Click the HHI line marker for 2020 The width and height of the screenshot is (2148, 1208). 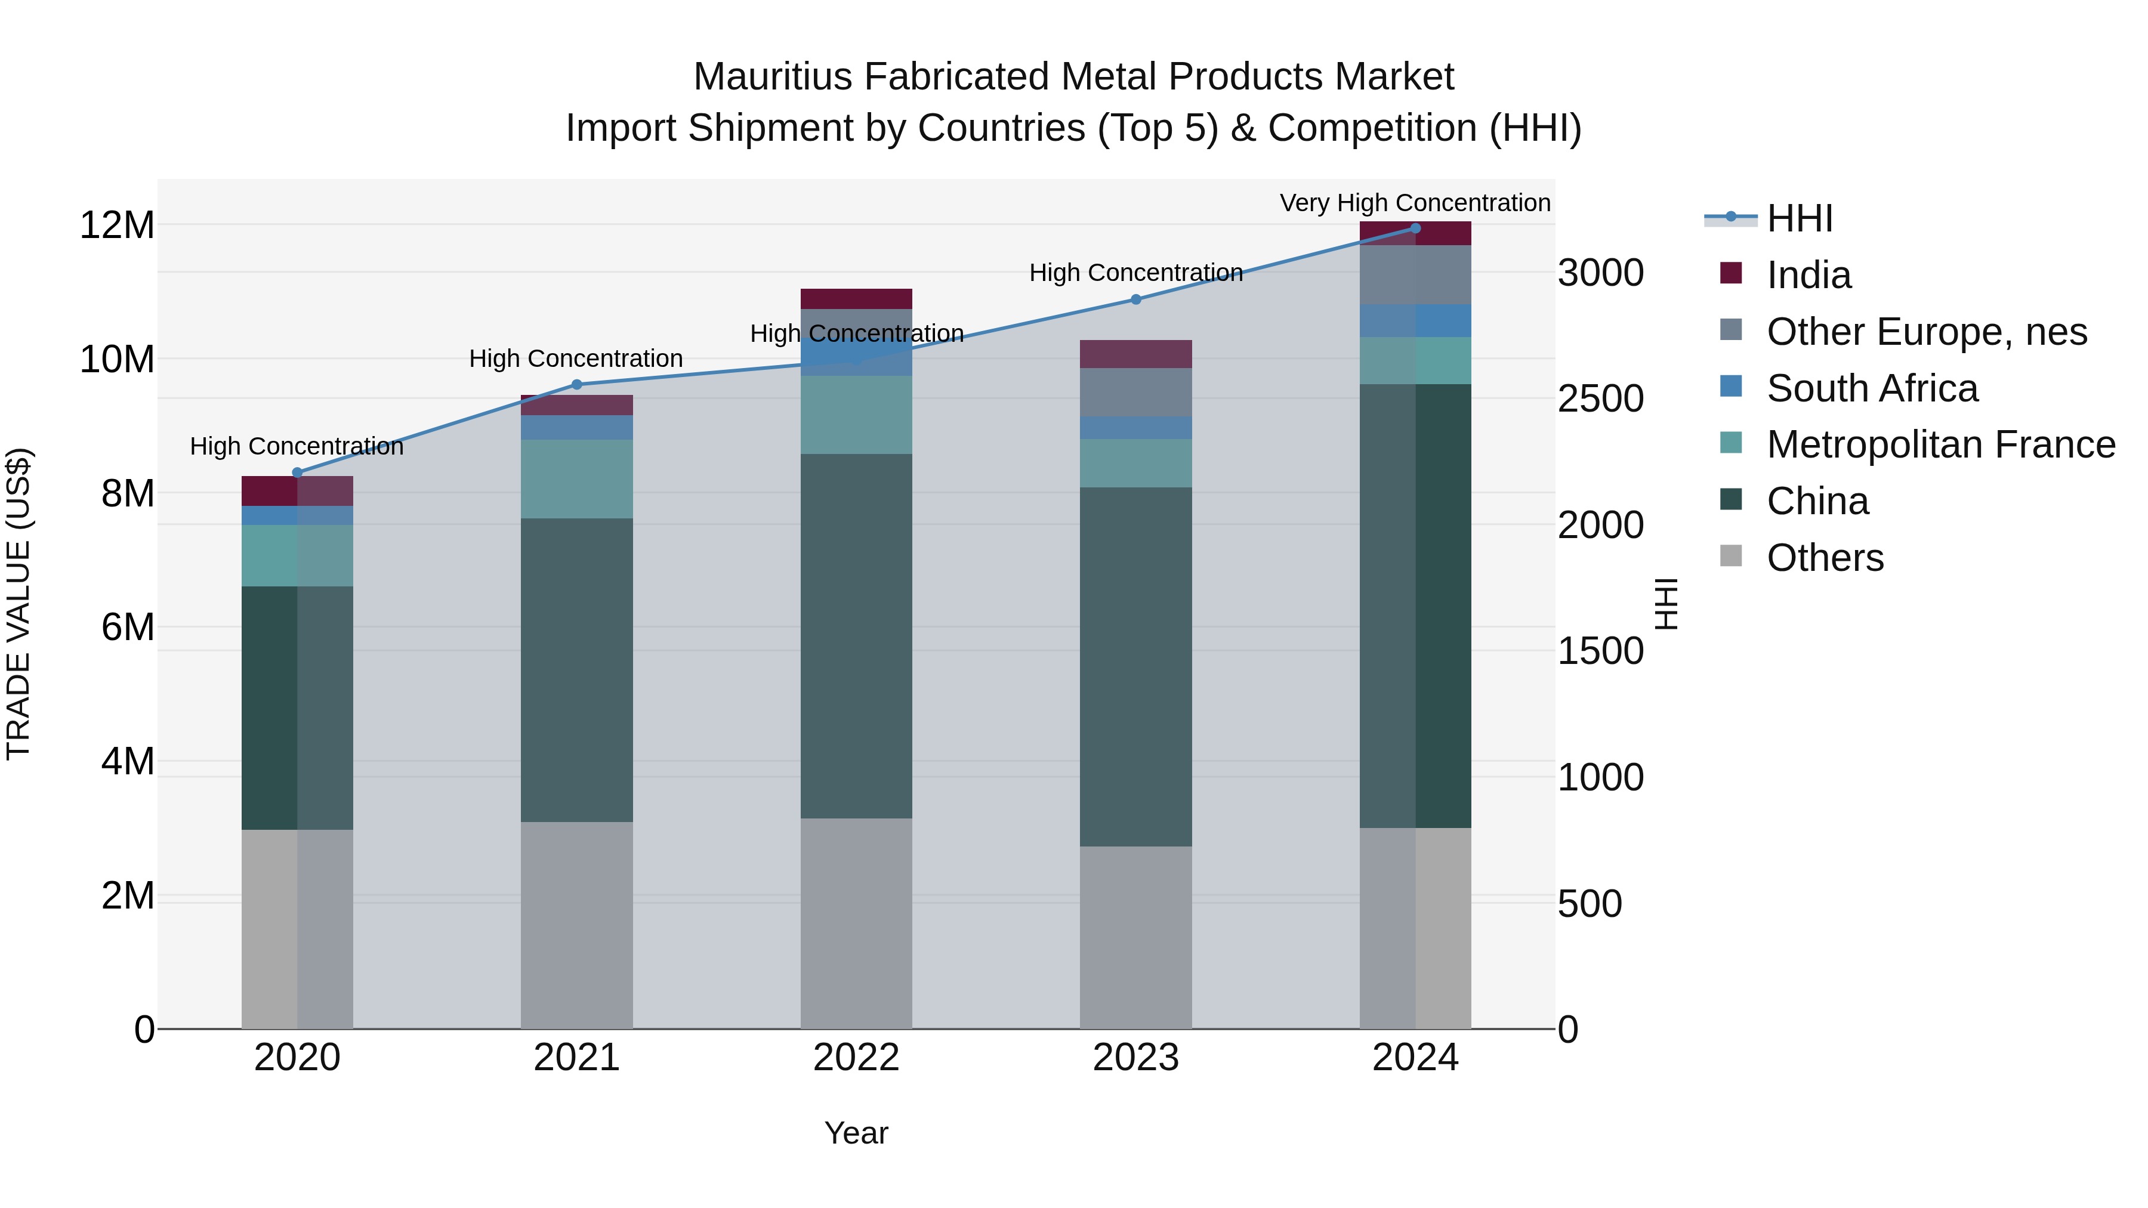point(297,472)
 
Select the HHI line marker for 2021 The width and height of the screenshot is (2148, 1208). point(576,384)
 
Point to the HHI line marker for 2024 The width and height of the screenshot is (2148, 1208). point(1415,228)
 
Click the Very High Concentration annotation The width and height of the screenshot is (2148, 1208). point(1415,203)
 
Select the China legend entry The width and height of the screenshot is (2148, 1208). point(1818,501)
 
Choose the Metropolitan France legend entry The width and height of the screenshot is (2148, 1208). point(1940,444)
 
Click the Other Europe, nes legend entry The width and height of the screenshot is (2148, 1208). point(1926,332)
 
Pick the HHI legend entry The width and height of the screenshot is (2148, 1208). point(1800,218)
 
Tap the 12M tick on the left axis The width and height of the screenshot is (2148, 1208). point(117,225)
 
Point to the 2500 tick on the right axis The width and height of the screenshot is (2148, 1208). point(1600,398)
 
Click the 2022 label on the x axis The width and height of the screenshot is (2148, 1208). point(856,1058)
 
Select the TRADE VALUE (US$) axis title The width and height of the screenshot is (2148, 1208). point(18,604)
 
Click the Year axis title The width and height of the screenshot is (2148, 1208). point(856,1133)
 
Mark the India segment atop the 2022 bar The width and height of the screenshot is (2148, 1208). point(856,298)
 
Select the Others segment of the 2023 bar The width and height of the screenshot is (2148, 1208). point(1135,937)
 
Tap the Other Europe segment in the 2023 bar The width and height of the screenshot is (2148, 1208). point(1135,392)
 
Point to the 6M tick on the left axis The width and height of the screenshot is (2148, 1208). point(128,627)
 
